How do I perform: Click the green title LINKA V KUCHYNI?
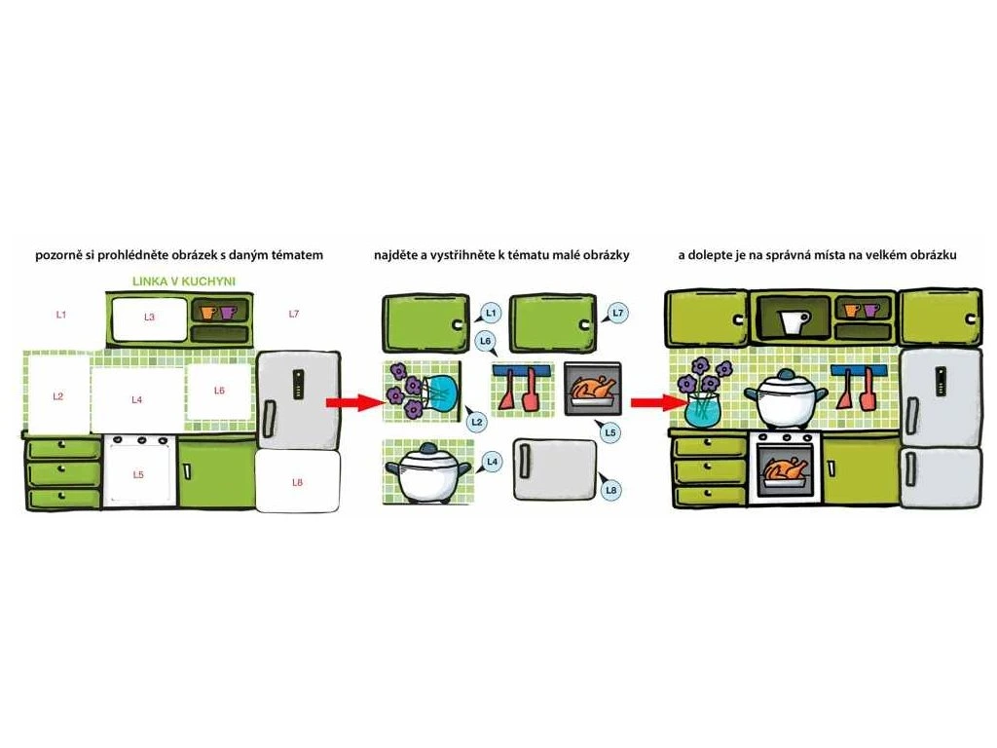pos(184,281)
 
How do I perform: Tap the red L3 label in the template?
pos(149,317)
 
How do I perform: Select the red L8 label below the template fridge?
pos(298,482)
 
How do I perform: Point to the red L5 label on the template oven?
pos(138,474)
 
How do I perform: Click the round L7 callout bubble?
pos(617,313)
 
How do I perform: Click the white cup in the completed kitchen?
pos(794,320)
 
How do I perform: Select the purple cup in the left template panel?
pos(228,313)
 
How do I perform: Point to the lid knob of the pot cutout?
pos(428,448)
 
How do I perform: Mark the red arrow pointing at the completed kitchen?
pos(648,401)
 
